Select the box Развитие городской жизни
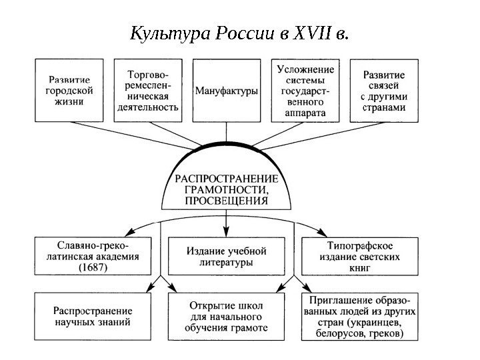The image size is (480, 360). click(73, 91)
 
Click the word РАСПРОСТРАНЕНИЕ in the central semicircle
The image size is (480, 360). click(225, 179)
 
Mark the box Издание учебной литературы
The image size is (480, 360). click(227, 257)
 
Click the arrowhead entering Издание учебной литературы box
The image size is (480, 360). click(227, 233)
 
